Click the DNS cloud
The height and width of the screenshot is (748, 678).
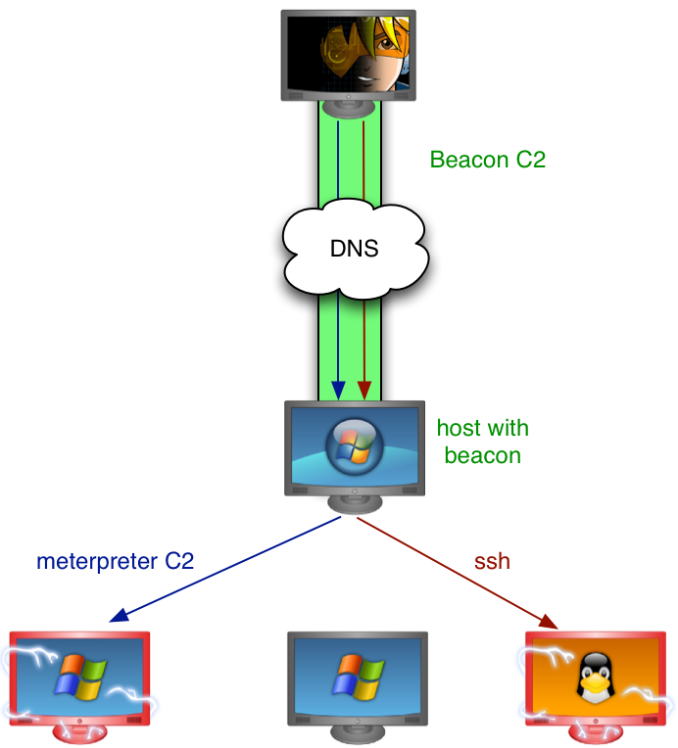pyautogui.click(x=353, y=249)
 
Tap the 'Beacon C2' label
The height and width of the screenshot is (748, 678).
pyautogui.click(x=487, y=160)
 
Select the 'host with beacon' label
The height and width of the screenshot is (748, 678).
pyautogui.click(x=482, y=442)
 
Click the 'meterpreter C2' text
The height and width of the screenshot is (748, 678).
pyautogui.click(x=115, y=561)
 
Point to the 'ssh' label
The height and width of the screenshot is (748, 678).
pyautogui.click(x=492, y=561)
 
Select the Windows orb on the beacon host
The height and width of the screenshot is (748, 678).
pyautogui.click(x=353, y=445)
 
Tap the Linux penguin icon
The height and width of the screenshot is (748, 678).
pyautogui.click(x=591, y=678)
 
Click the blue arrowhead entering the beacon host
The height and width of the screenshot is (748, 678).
pyautogui.click(x=338, y=390)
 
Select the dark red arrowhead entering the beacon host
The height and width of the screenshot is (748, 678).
pyautogui.click(x=364, y=390)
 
